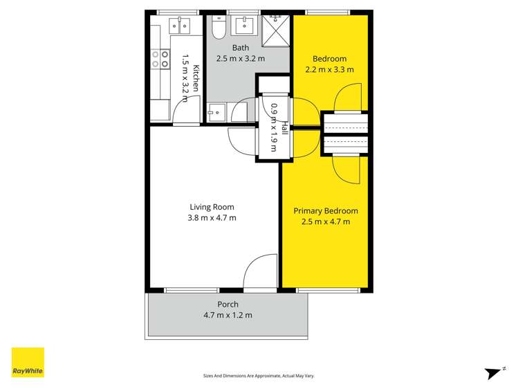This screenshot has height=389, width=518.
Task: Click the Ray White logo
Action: coord(28,363)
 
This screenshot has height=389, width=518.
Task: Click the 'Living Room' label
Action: coord(212,207)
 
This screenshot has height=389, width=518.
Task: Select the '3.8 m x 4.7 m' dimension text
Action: coord(213,219)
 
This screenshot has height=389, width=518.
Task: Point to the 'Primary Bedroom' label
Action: coord(326,211)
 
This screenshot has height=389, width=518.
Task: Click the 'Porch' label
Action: coord(228,305)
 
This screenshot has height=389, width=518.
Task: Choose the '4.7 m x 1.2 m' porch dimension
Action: coord(228,316)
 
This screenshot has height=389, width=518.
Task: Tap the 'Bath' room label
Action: coord(241,48)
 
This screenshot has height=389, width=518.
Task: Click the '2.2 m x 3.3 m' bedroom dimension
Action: coord(329,69)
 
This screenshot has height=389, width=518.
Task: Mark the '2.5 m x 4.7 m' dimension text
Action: coord(326,222)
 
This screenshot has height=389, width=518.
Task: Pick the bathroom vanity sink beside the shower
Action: coord(244,26)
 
